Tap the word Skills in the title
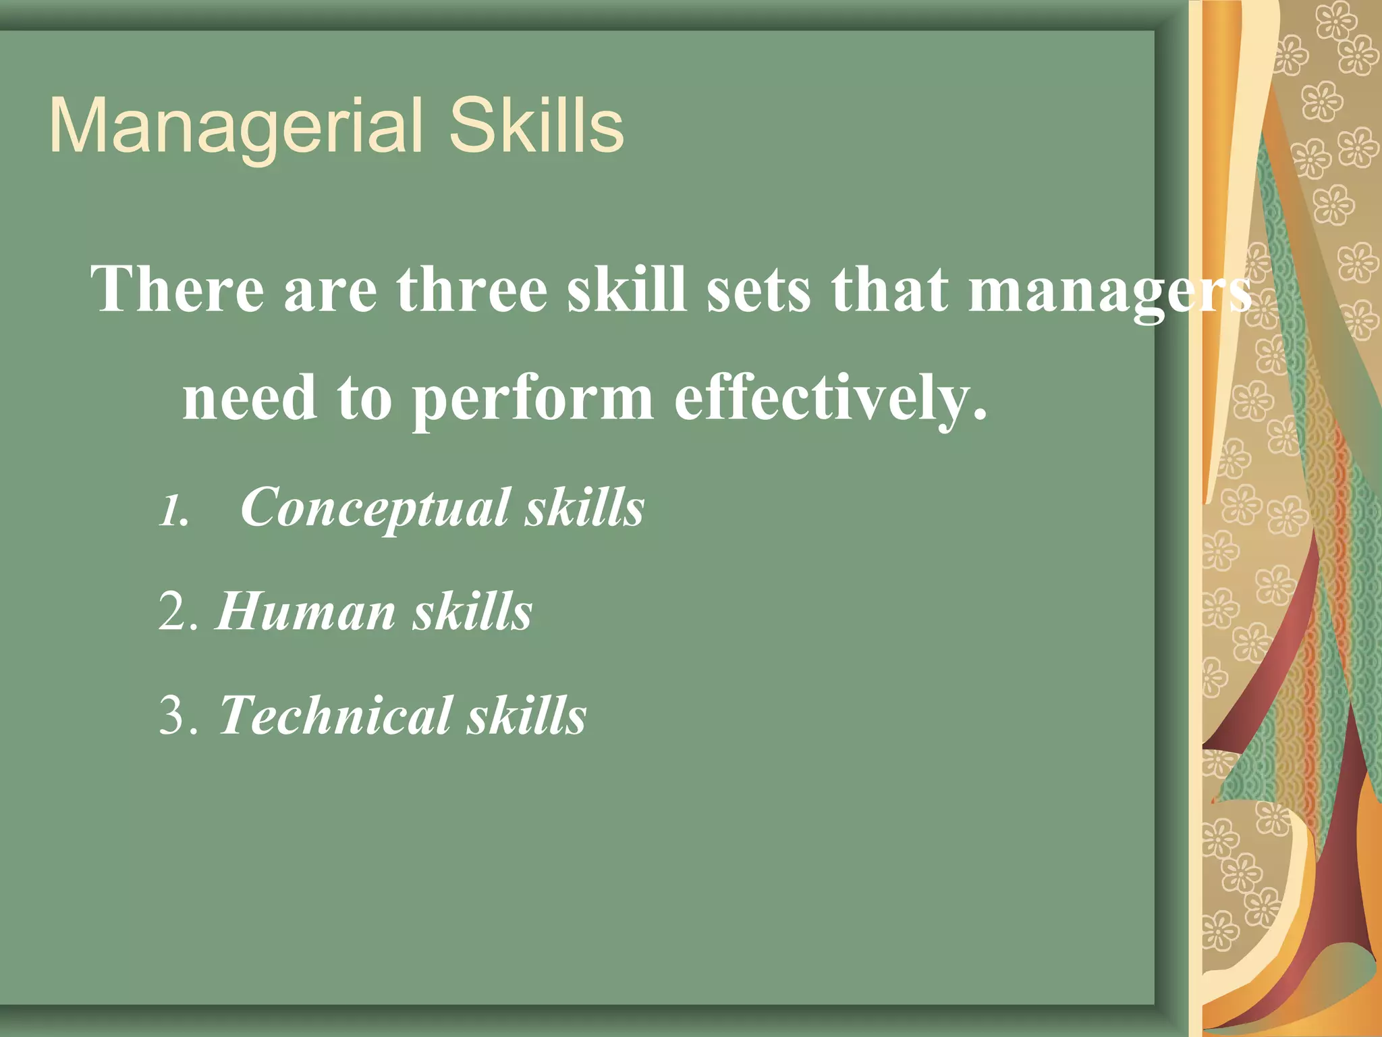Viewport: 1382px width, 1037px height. tap(536, 126)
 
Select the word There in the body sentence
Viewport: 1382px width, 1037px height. tap(177, 289)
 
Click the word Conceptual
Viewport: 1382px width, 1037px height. tap(375, 508)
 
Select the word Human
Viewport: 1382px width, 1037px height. tap(306, 612)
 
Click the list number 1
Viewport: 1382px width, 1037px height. tap(173, 511)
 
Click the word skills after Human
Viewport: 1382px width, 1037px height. tap(473, 612)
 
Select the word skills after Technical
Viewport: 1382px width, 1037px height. tap(528, 716)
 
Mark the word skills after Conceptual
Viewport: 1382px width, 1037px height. tap(585, 508)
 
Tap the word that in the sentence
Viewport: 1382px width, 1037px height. tap(889, 289)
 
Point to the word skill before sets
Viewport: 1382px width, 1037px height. tap(626, 289)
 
